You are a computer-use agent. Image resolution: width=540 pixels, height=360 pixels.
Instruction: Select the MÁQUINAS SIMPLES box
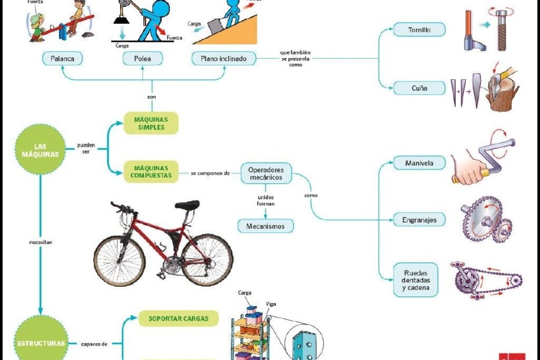pyautogui.click(x=151, y=123)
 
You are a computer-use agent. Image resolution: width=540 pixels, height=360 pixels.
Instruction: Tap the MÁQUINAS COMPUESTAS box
pyautogui.click(x=151, y=171)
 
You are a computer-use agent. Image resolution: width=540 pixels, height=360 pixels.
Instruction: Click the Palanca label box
pyautogui.click(x=62, y=59)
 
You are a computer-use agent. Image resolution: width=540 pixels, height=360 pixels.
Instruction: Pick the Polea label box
pyautogui.click(x=142, y=59)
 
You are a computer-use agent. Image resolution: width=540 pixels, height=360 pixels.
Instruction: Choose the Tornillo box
pyautogui.click(x=419, y=30)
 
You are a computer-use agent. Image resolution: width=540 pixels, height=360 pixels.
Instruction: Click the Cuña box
pyautogui.click(x=419, y=88)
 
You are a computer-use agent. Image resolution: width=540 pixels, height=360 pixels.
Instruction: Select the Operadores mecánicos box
pyautogui.click(x=266, y=173)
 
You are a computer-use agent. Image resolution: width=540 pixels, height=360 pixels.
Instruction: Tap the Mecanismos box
pyautogui.click(x=266, y=226)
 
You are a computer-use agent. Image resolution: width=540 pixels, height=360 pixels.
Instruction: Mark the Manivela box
pyautogui.click(x=419, y=163)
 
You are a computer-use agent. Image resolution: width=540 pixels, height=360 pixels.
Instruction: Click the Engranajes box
pyautogui.click(x=419, y=219)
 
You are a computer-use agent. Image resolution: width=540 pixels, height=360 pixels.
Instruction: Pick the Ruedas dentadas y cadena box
pyautogui.click(x=416, y=280)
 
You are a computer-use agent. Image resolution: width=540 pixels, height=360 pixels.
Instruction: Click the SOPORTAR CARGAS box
pyautogui.click(x=178, y=318)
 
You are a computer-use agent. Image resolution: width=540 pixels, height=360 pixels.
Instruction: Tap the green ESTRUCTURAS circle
pyautogui.click(x=41, y=343)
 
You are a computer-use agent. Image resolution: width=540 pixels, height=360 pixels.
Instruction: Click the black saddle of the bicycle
pyautogui.click(x=187, y=205)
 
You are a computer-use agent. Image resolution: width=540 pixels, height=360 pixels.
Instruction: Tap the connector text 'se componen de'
pyautogui.click(x=210, y=173)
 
